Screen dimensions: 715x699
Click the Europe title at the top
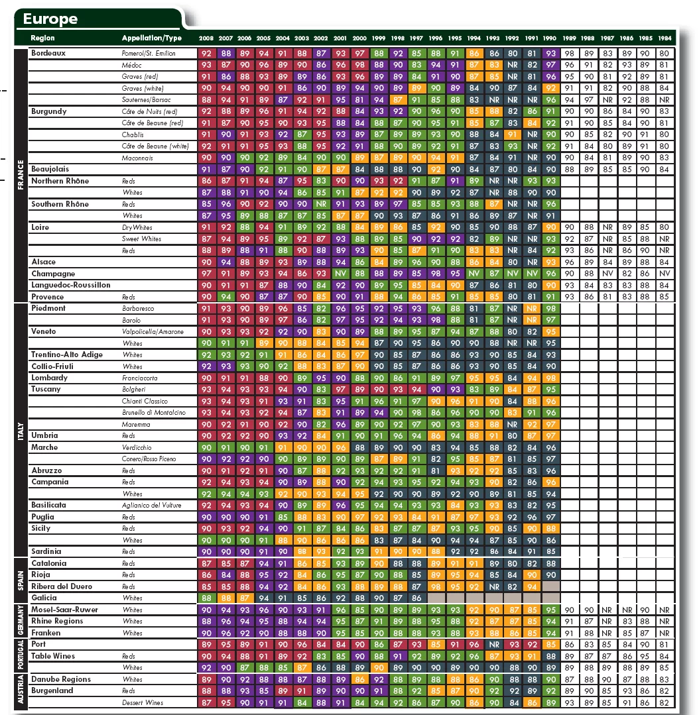[50, 19]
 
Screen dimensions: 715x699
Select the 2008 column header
[206, 38]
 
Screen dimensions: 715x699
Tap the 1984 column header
[665, 38]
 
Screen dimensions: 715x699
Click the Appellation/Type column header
[151, 38]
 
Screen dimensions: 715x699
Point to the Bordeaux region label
[48, 54]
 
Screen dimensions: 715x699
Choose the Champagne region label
[53, 274]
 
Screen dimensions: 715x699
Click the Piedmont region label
[48, 308]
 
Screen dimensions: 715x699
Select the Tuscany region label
[46, 390]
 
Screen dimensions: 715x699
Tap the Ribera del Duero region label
[62, 586]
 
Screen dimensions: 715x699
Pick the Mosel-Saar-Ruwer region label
[64, 610]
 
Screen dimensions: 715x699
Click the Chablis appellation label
[132, 135]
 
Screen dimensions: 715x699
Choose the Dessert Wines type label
[143, 702]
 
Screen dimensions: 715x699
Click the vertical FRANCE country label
[21, 176]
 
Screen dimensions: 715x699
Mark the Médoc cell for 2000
[360, 65]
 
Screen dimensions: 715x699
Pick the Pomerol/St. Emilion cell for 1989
[569, 54]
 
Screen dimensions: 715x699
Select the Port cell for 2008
[206, 645]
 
